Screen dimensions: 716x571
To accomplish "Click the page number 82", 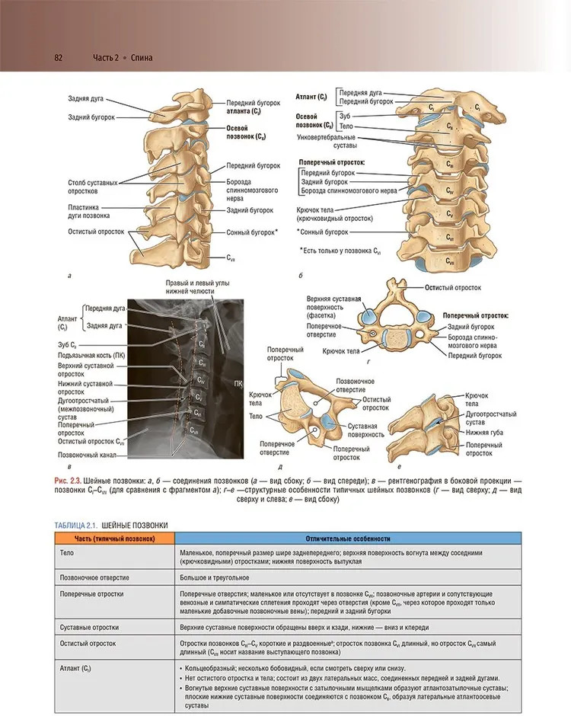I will coord(58,58).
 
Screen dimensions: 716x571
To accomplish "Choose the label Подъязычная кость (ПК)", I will coord(88,355).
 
